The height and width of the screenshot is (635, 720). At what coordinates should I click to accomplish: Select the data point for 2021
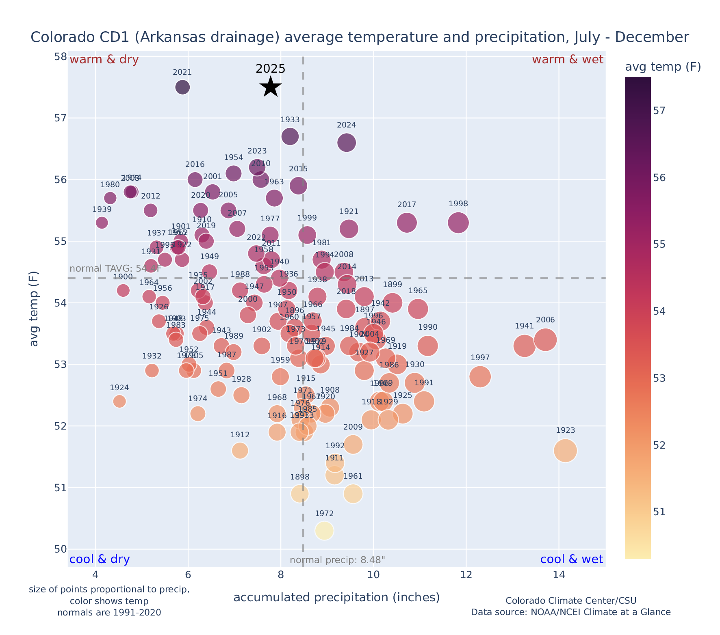[182, 87]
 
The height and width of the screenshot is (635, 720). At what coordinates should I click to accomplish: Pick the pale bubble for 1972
[324, 531]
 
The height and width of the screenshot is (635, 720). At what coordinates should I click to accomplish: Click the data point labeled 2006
[545, 340]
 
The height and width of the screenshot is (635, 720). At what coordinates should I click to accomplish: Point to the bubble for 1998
[458, 222]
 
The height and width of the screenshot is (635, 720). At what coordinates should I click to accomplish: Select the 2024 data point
[347, 143]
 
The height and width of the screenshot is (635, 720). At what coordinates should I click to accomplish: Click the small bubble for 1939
[102, 222]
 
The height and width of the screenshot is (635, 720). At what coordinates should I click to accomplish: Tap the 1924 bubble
[119, 401]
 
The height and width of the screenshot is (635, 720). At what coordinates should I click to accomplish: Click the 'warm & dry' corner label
[104, 60]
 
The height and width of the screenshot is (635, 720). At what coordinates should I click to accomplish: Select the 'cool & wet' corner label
[571, 559]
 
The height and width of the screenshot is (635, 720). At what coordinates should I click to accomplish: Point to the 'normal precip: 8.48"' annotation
[337, 560]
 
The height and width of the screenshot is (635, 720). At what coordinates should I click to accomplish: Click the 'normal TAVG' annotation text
[115, 268]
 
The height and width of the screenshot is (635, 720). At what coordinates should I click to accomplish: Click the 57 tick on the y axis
[60, 118]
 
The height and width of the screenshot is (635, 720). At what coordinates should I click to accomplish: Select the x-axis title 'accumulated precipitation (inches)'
[336, 597]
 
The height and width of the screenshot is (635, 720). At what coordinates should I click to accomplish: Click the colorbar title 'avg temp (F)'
[663, 67]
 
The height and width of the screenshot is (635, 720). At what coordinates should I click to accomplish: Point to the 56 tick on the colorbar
[659, 178]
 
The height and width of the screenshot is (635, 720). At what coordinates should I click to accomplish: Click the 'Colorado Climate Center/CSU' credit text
[570, 600]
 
